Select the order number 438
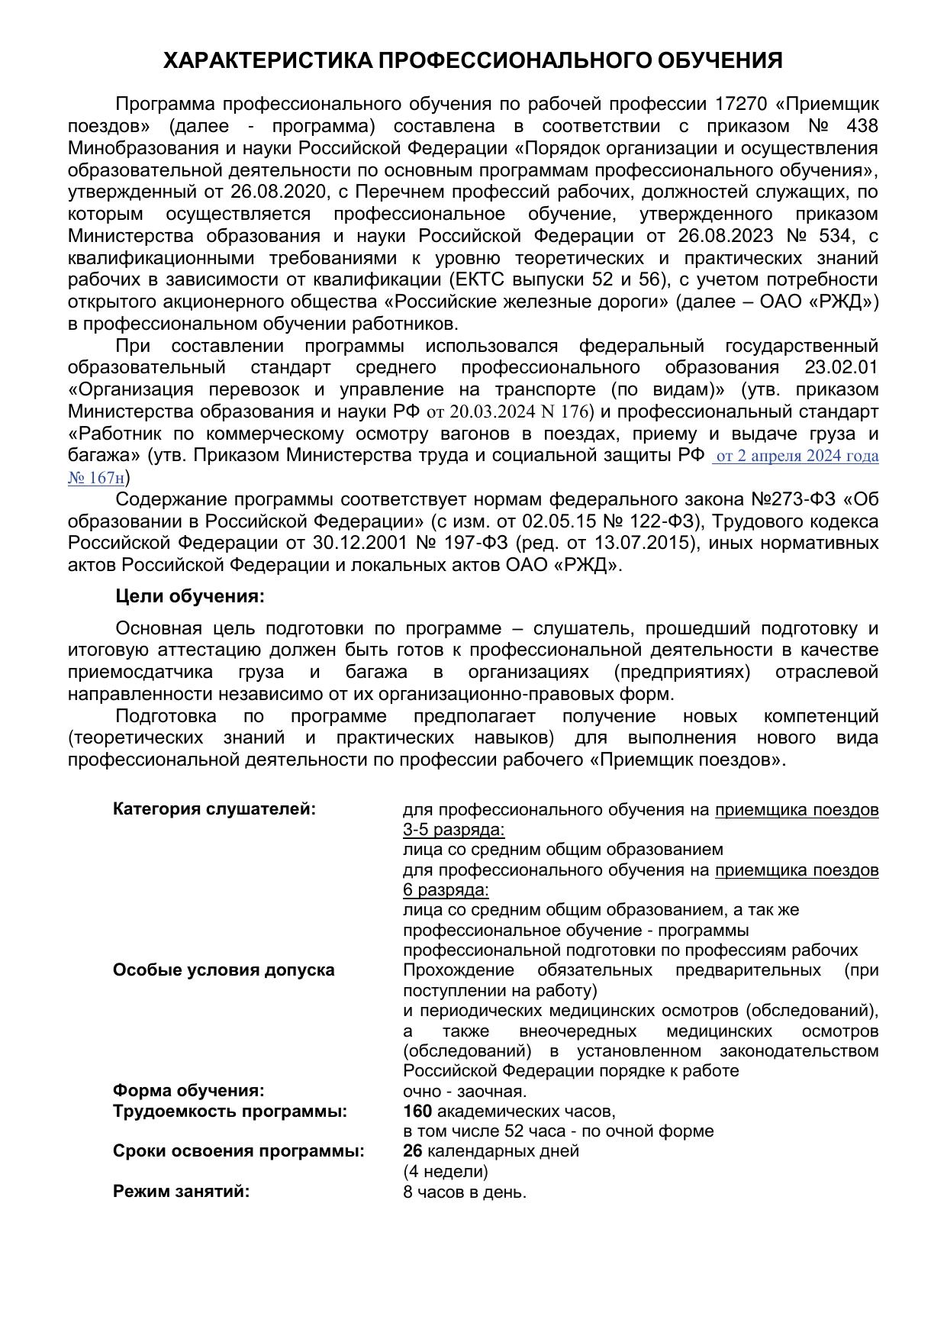point(862,126)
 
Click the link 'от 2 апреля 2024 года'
point(797,457)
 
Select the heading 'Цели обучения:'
point(190,596)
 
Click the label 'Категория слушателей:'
point(214,809)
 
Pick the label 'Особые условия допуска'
point(224,970)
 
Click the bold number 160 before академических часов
point(417,1112)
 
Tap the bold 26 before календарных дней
point(412,1151)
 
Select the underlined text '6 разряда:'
point(446,890)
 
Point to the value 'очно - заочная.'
point(465,1092)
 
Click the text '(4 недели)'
point(445,1172)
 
